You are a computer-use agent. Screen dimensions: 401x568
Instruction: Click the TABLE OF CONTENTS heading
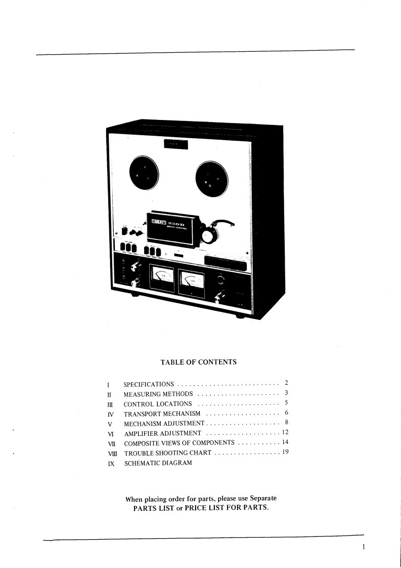click(198, 362)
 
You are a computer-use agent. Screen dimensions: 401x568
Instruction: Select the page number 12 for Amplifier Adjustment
click(285, 433)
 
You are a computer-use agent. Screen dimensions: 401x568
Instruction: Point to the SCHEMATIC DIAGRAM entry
click(158, 463)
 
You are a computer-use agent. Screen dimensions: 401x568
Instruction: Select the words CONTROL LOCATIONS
click(158, 404)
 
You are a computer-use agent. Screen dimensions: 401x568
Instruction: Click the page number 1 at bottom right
click(364, 547)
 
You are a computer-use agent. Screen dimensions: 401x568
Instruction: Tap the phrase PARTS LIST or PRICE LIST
click(200, 508)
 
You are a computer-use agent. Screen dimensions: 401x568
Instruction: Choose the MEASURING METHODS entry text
click(158, 394)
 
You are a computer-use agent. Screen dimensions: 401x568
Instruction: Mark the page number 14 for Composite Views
click(285, 442)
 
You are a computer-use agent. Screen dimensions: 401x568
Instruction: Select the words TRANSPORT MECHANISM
click(162, 414)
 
